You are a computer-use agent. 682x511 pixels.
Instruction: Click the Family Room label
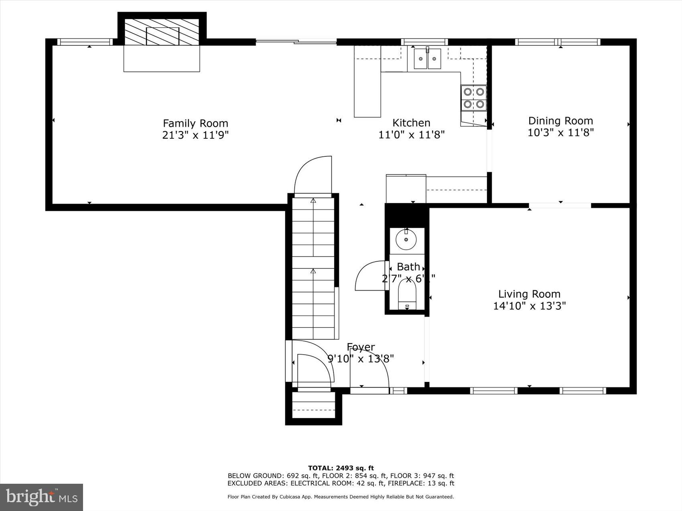[195, 123]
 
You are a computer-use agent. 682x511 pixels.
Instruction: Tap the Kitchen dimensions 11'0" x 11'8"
[412, 135]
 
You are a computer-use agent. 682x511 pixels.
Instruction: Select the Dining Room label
[560, 121]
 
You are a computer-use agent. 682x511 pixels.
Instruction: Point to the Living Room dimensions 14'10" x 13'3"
[529, 306]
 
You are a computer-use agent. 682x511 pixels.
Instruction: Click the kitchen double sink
[427, 59]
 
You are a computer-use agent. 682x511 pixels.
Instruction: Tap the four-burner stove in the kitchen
[473, 98]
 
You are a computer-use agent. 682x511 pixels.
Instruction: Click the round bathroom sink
[406, 239]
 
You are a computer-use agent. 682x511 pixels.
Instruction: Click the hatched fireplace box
[162, 32]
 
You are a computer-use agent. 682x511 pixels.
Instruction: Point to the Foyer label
[361, 347]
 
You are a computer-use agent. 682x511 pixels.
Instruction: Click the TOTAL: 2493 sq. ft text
[341, 468]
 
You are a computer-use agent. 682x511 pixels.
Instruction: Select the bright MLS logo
[42, 497]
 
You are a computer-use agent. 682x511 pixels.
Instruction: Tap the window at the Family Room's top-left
[85, 42]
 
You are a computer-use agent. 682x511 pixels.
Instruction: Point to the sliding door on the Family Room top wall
[296, 40]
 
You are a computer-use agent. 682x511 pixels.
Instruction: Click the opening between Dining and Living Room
[560, 206]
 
